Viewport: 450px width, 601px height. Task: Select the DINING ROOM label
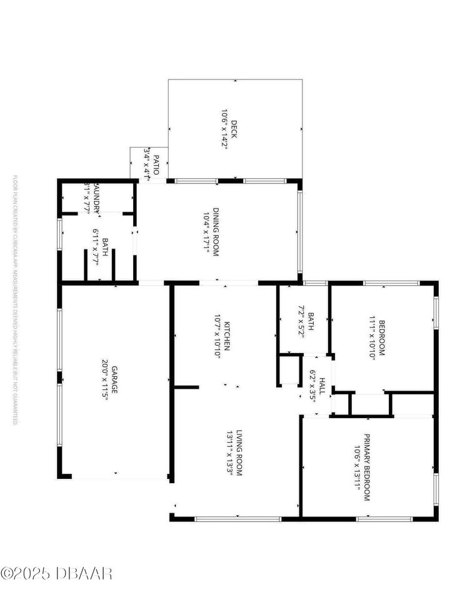click(216, 232)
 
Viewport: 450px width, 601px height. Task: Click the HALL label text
click(322, 386)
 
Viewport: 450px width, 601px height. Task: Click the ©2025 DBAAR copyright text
click(56, 572)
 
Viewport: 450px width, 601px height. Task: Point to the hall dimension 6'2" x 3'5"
click(312, 386)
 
